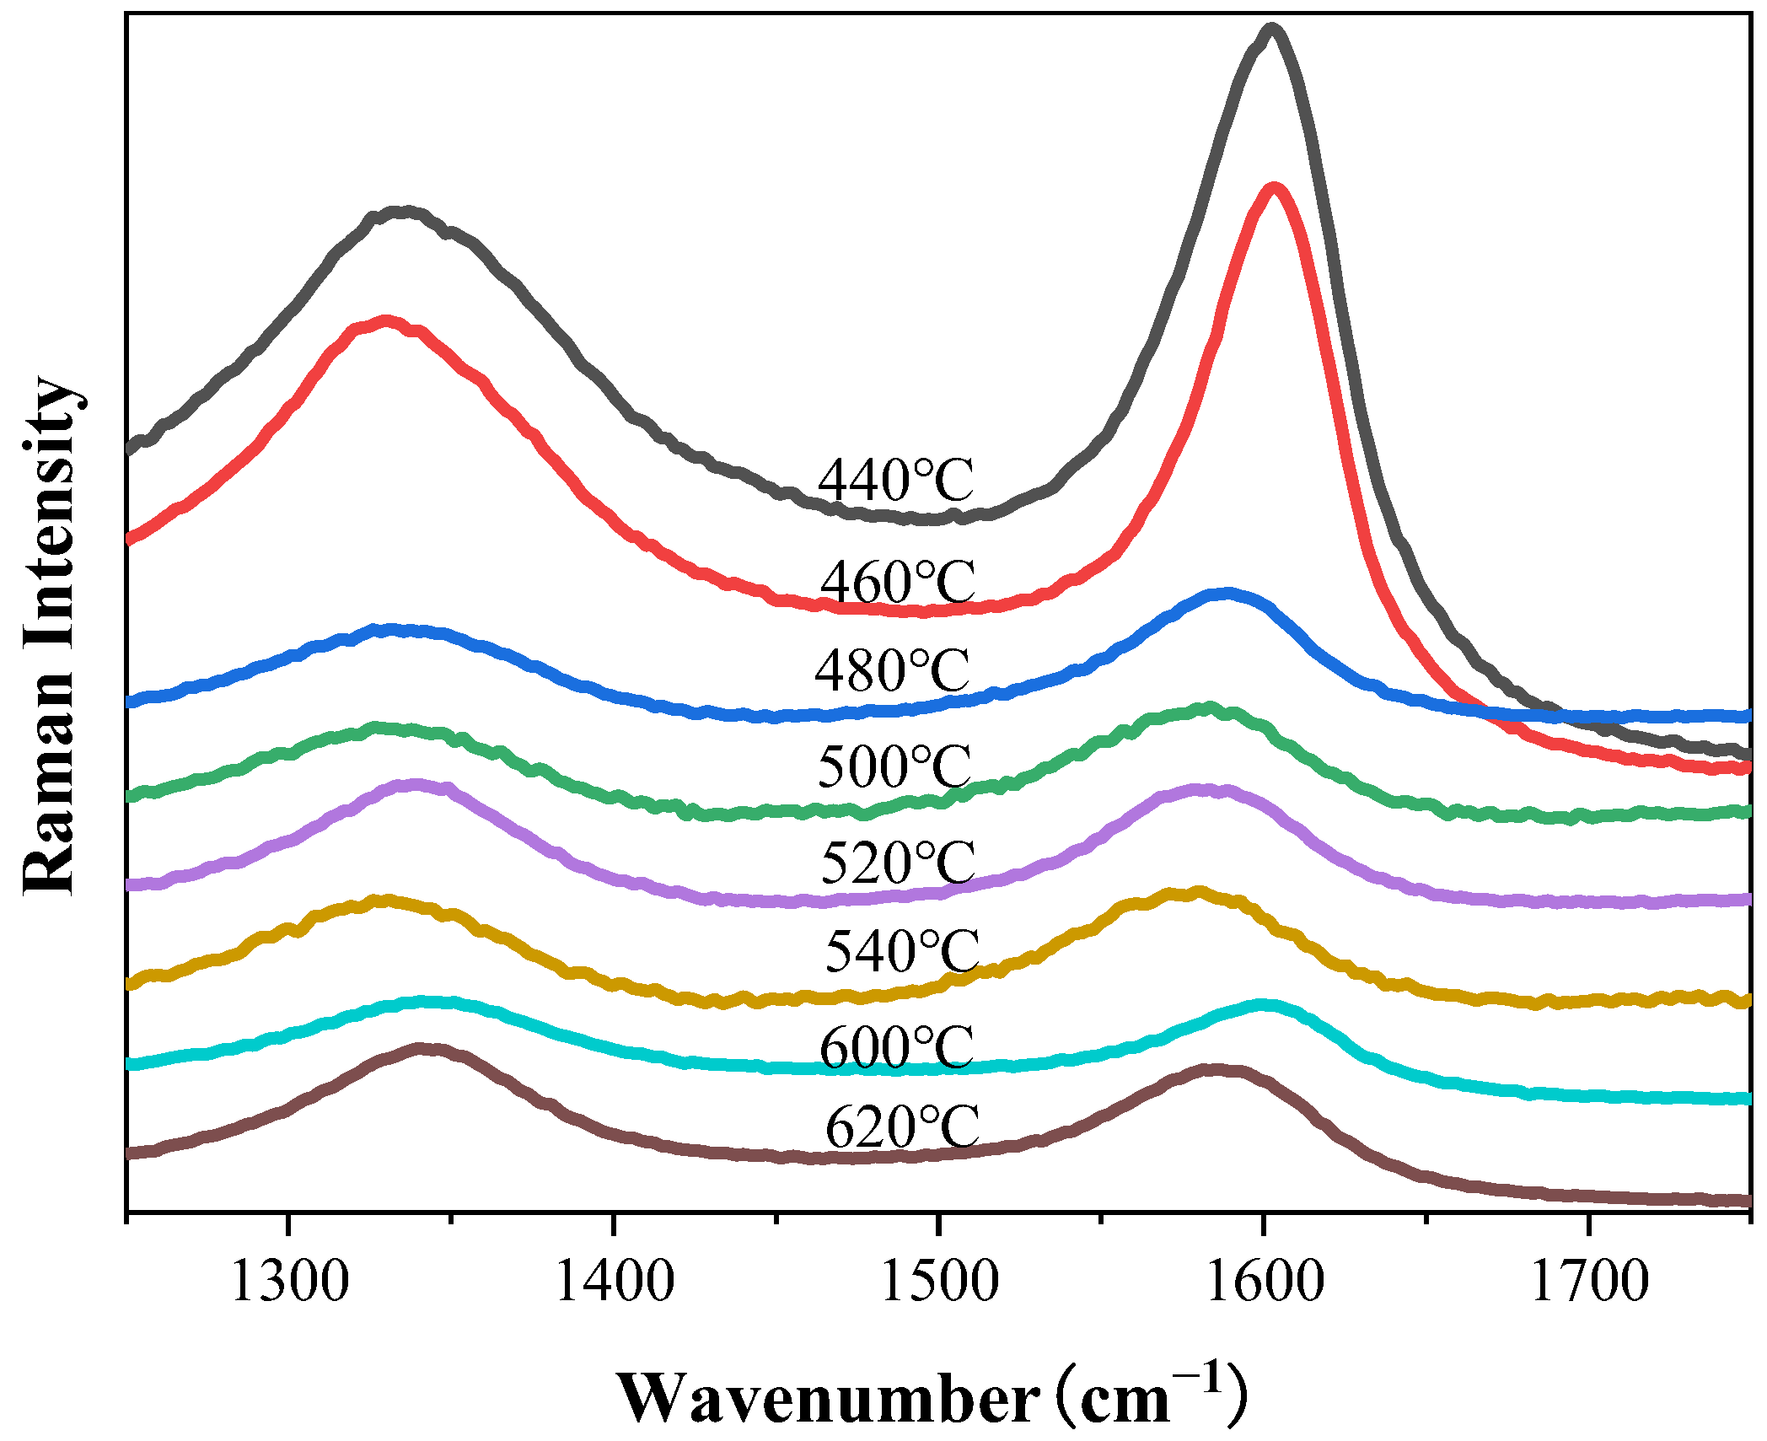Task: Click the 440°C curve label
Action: click(x=895, y=481)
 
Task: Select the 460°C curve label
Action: click(x=898, y=583)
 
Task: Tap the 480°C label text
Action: click(x=892, y=672)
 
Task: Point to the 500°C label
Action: click(x=894, y=767)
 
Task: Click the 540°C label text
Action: click(x=901, y=952)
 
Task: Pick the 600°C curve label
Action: click(x=896, y=1049)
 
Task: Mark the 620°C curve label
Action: click(x=901, y=1127)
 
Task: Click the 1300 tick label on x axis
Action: click(x=288, y=1282)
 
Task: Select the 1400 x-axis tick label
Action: click(x=614, y=1282)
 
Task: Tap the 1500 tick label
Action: click(x=938, y=1282)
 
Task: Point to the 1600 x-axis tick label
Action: click(x=1264, y=1282)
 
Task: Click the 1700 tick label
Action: click(x=1588, y=1282)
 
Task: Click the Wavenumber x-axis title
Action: click(x=932, y=1397)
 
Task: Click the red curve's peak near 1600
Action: click(x=1273, y=189)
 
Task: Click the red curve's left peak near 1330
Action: click(x=386, y=321)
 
